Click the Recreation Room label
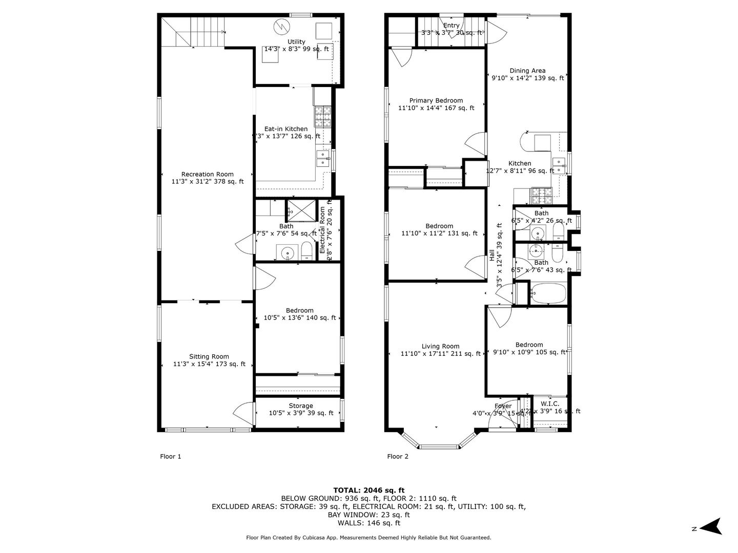coord(207,178)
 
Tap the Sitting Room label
coord(209,360)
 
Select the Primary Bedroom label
coord(436,104)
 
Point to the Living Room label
coord(440,350)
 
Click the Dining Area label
coord(527,74)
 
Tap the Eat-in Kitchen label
coord(286,133)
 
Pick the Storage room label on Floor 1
coord(300,409)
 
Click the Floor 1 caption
coord(171,456)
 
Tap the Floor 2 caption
coord(398,456)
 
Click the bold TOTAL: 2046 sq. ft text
coord(368,490)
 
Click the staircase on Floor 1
coord(194,31)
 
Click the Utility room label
coord(296,46)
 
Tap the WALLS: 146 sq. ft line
coord(368,523)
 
